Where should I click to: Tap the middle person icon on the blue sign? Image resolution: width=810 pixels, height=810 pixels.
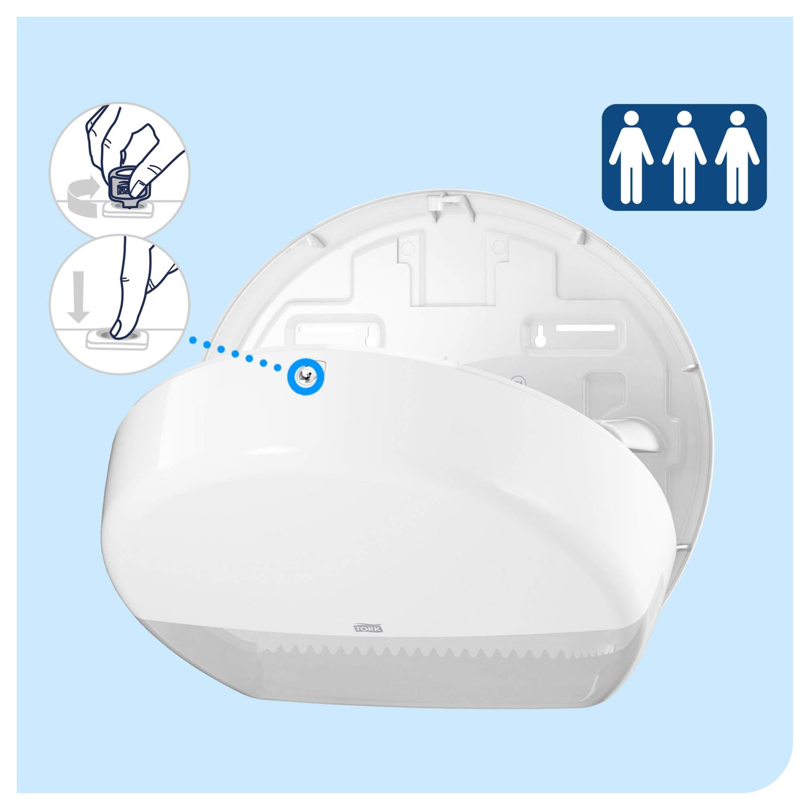click(x=684, y=157)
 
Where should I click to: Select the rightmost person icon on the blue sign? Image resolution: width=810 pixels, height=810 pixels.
click(x=737, y=157)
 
